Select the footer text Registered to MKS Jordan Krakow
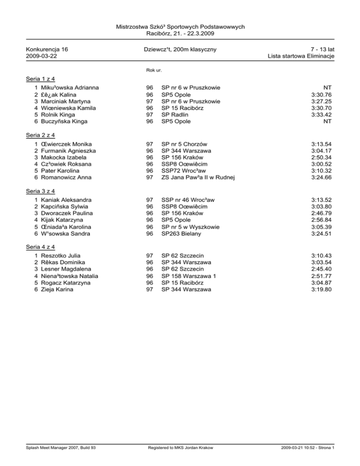coord(180,461)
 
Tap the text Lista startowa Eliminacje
coord(300,56)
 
